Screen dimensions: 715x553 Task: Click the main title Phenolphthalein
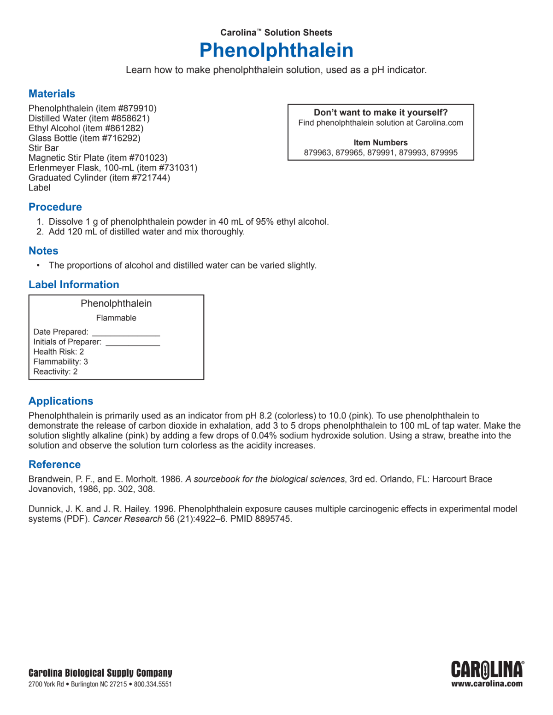276,50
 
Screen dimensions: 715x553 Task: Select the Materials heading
52,94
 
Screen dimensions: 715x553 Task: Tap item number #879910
137,109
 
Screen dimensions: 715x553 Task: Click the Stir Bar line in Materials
43,148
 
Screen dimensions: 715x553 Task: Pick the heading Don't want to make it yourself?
381,113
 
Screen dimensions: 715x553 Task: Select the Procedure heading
55,207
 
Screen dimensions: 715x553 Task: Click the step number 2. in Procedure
40,232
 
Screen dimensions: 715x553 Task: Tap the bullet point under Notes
38,266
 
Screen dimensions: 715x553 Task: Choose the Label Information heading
74,285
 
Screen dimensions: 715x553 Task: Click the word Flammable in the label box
116,318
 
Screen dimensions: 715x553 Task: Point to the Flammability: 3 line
60,362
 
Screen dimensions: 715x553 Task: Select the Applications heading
61,401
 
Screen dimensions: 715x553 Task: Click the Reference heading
54,465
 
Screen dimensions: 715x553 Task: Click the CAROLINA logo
487,670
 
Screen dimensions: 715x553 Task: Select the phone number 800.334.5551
153,685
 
